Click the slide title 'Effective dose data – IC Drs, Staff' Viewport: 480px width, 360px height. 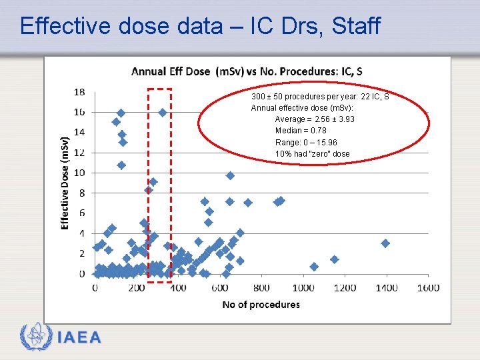point(200,26)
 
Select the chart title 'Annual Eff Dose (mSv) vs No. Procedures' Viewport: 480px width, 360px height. point(247,71)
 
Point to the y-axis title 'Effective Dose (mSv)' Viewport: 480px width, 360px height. point(66,183)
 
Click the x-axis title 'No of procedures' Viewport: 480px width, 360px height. point(261,305)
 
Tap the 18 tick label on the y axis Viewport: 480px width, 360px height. point(79,92)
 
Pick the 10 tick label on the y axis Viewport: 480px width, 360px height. point(79,173)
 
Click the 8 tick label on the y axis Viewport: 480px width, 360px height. point(81,193)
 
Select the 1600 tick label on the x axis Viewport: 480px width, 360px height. point(428,287)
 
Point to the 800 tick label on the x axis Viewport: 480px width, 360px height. point(261,287)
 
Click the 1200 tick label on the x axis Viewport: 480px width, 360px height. point(345,287)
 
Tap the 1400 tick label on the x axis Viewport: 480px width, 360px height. point(386,287)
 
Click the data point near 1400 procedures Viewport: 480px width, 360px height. point(385,243)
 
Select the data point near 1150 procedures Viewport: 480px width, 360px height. point(335,259)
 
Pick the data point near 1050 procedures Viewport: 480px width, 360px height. point(314,267)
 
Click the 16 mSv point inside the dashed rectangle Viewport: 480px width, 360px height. point(163,113)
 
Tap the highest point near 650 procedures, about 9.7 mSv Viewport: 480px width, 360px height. point(230,175)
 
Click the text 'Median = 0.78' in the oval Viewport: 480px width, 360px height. point(301,131)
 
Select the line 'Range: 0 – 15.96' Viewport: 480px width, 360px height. point(306,143)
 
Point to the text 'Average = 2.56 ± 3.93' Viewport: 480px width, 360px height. point(315,119)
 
